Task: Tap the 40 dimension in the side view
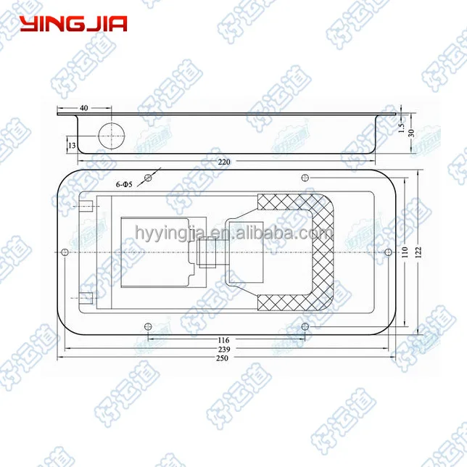(83, 107)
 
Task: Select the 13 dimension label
(71, 145)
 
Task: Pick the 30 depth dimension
(411, 133)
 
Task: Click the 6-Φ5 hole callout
(125, 186)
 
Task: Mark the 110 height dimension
(405, 252)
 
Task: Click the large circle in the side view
(112, 135)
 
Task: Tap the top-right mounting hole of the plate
(304, 178)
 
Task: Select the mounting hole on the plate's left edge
(65, 252)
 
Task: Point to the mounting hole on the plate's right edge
(384, 252)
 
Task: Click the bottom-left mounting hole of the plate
(148, 326)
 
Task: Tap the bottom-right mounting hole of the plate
(304, 326)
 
